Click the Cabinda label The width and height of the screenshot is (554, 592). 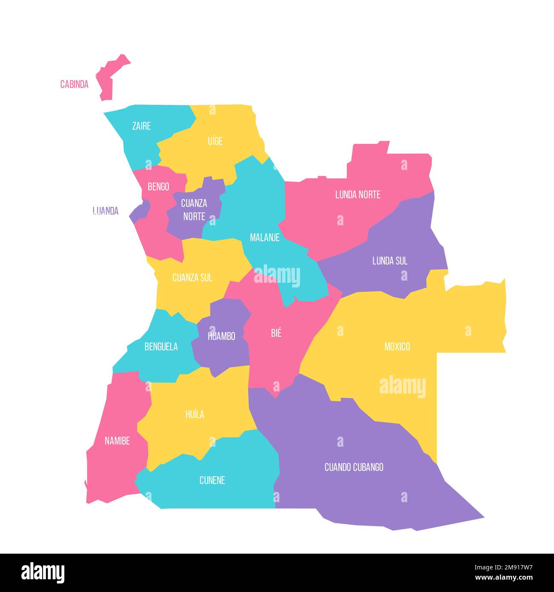pos(74,84)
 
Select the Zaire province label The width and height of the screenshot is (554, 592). pos(141,126)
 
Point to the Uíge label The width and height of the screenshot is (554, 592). pos(215,141)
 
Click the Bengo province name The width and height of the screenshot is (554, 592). pos(158,187)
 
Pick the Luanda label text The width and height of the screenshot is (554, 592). pos(105,211)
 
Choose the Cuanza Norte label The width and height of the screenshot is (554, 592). pos(194,210)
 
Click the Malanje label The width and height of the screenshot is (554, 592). pos(265,238)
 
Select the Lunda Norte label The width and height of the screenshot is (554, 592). pos(358,195)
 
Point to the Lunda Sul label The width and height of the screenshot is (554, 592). pos(390,261)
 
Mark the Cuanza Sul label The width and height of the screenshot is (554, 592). pos(192,278)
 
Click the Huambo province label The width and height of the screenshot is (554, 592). pos(221,336)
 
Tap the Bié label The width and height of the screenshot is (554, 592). pos(276,333)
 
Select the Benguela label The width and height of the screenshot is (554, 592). pos(161,347)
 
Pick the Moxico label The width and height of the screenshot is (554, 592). pos(397,347)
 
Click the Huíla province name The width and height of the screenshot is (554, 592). pos(195,414)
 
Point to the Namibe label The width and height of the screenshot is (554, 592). pos(117,441)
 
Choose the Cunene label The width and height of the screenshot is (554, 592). pos(212,480)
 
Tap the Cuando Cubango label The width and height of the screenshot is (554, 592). pos(354,467)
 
